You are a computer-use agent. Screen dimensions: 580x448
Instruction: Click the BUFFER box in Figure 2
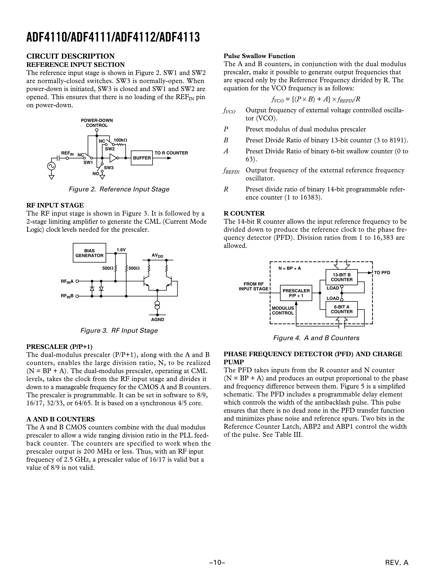(x=142, y=158)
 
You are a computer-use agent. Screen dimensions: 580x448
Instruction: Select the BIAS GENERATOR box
(x=89, y=253)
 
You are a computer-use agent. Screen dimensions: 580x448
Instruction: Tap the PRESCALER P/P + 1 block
(x=296, y=293)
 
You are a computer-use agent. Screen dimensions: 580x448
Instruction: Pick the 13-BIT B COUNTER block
(x=341, y=277)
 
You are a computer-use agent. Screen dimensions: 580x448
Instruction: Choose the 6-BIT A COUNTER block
(x=341, y=309)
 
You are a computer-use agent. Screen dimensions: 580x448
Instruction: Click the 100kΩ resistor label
(x=120, y=140)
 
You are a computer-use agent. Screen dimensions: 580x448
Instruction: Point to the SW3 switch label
(x=108, y=168)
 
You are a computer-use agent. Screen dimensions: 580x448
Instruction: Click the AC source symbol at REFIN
(x=51, y=166)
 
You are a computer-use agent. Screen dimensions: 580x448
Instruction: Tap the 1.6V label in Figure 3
(x=121, y=250)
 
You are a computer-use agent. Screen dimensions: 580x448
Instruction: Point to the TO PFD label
(x=382, y=273)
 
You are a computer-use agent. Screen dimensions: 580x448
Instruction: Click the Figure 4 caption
(x=316, y=338)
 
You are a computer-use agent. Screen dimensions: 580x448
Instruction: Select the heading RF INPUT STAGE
(x=55, y=205)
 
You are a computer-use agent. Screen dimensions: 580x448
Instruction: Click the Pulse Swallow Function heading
(x=259, y=56)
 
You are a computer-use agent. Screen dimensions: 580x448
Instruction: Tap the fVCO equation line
(x=316, y=100)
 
